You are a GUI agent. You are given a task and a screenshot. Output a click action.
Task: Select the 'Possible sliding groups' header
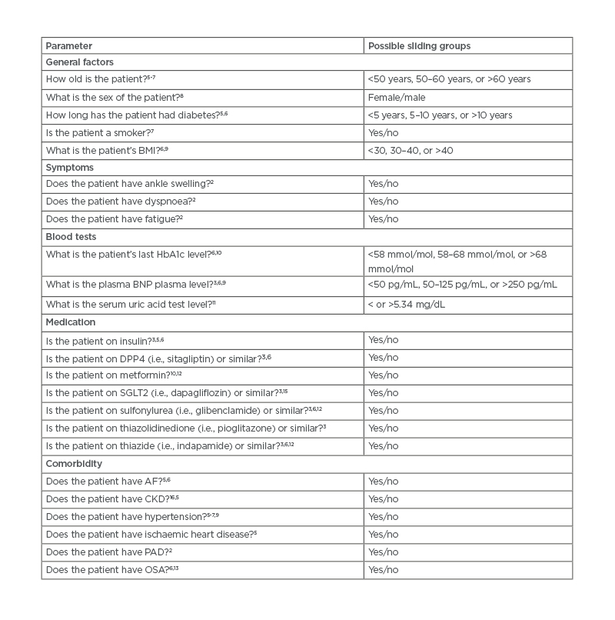coord(419,46)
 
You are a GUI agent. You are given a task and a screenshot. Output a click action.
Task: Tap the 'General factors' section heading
coord(80,62)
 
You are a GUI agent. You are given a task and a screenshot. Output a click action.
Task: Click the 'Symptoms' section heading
coord(70,167)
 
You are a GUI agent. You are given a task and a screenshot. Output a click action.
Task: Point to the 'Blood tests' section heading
coord(71,237)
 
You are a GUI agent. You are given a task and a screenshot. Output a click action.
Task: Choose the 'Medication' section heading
coord(71,322)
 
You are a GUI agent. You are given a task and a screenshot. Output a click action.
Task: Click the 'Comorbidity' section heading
coord(75,464)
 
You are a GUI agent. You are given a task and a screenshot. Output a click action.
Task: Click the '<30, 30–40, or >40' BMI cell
coord(411,150)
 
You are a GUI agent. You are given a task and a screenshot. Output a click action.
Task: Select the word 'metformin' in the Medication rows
coord(128,375)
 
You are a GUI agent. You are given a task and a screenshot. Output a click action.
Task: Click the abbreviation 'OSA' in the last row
coord(141,569)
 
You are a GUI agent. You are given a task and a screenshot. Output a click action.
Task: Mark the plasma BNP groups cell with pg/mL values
coord(462,285)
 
